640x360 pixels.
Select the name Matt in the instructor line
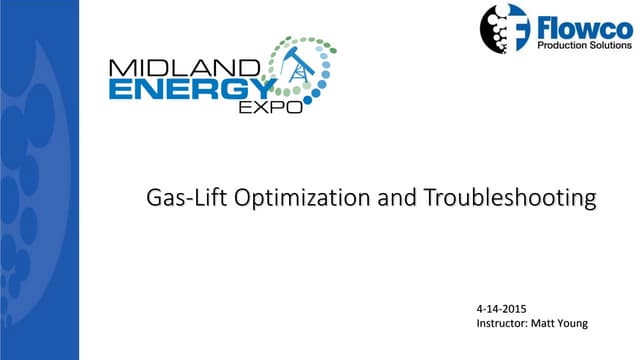559,323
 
